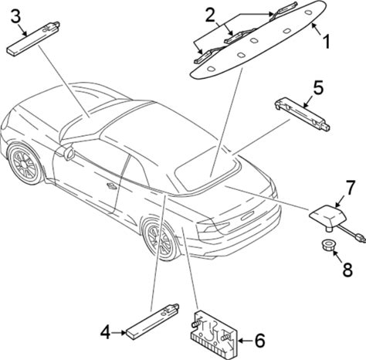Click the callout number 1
[x=326, y=42]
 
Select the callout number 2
[x=210, y=15]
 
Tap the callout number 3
[x=15, y=17]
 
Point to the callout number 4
[x=106, y=333]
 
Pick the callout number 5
[x=318, y=87]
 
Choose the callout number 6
[x=259, y=341]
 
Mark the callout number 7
[x=351, y=188]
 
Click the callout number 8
[x=347, y=270]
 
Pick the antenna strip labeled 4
[x=152, y=321]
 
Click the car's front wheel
[x=25, y=164]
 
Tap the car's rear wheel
[x=161, y=239]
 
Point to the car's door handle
[x=112, y=185]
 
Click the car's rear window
[x=206, y=168]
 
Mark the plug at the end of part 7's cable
[x=361, y=238]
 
